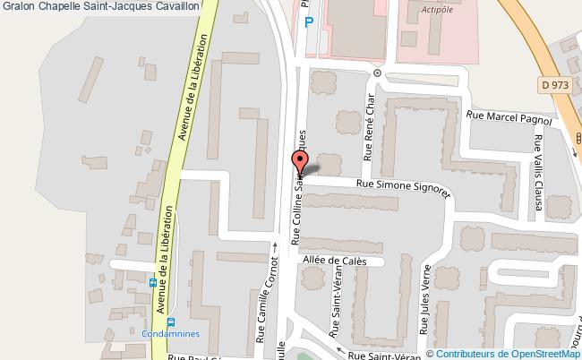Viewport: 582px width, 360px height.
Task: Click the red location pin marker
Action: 299,163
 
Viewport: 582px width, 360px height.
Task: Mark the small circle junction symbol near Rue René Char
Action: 378,73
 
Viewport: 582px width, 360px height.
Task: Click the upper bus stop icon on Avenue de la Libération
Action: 154,283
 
